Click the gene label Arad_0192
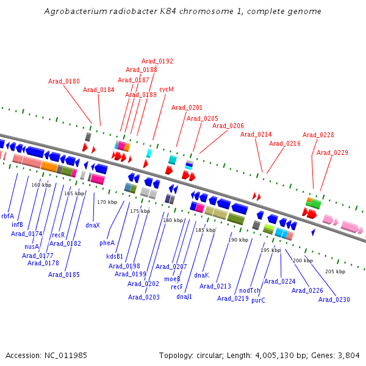(157, 61)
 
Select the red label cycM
(167, 89)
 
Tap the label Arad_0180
(64, 81)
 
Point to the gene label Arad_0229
(332, 152)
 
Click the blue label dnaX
(93, 225)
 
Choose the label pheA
(107, 243)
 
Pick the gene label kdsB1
(115, 256)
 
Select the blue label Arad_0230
(334, 300)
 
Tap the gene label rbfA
(7, 215)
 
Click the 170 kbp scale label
(107, 202)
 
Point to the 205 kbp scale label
(335, 271)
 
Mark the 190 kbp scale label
(238, 240)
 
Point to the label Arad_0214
(256, 134)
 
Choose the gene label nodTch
(250, 290)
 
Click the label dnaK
(202, 276)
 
